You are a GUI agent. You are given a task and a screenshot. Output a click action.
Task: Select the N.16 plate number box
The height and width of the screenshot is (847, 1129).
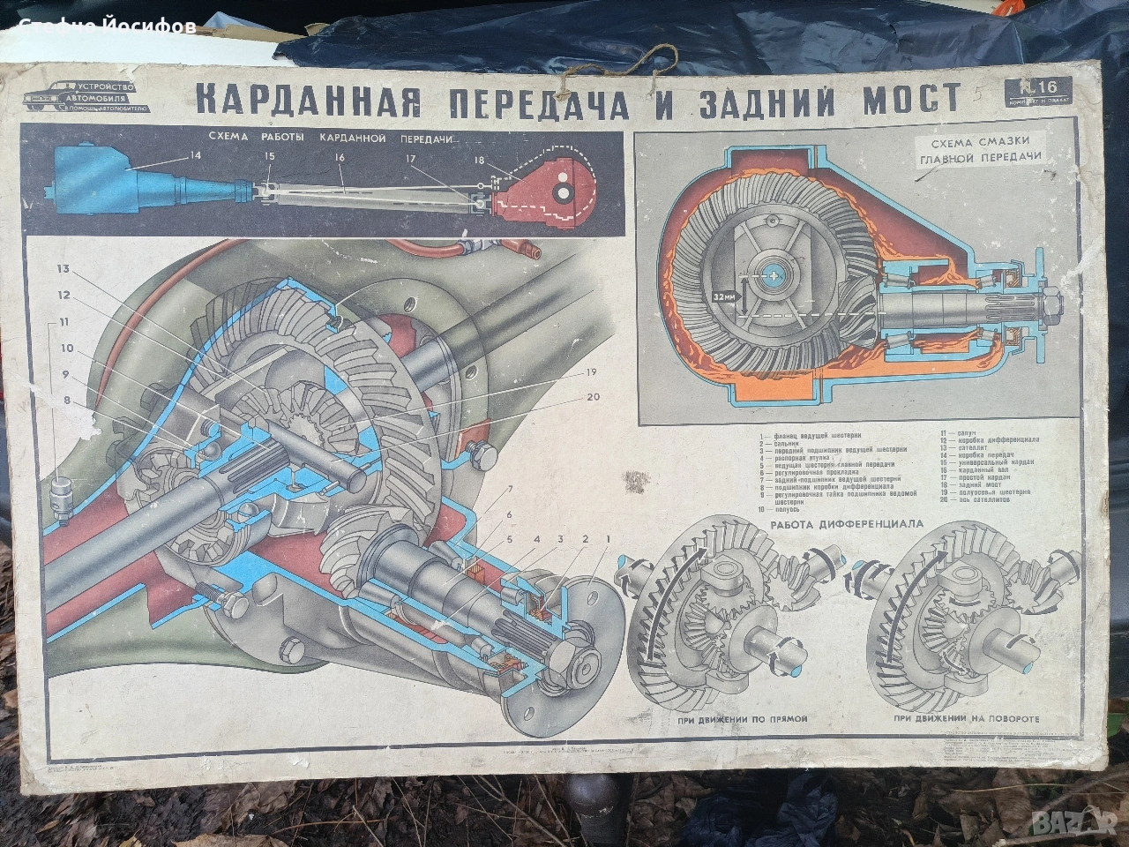pos(1038,90)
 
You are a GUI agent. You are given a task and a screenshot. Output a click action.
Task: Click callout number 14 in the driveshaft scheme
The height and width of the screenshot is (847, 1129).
pos(195,156)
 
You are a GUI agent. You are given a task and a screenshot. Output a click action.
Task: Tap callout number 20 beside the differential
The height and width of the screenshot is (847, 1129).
pos(592,397)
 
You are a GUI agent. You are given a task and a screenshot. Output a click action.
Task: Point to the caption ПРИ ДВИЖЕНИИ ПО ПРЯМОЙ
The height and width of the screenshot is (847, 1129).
pos(729,720)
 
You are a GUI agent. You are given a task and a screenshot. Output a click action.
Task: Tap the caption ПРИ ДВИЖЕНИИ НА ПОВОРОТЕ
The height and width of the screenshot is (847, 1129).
pos(961,719)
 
